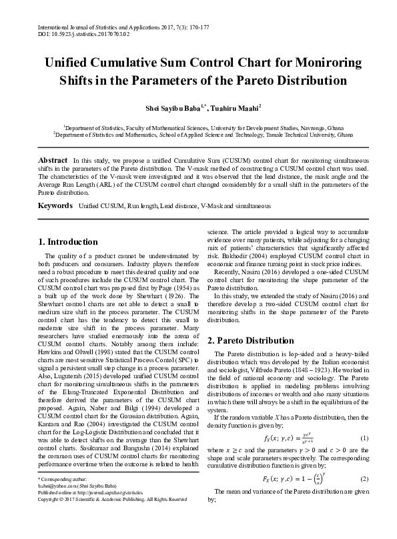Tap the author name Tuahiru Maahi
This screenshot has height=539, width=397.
point(236,107)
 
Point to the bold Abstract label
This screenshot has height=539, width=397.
point(53,161)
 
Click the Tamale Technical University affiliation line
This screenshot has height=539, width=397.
point(203,134)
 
